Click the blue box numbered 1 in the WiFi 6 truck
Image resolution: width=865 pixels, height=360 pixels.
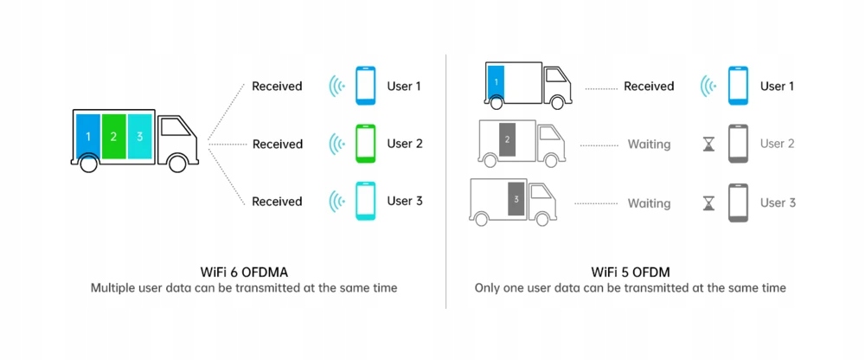click(87, 136)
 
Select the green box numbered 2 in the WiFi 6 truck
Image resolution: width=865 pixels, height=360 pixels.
click(113, 136)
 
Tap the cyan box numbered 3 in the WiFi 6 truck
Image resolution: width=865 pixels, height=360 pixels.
click(139, 136)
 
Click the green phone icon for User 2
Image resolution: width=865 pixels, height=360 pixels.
click(366, 144)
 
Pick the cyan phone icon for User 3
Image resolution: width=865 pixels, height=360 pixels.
click(366, 201)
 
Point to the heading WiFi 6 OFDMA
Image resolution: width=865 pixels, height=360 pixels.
click(244, 270)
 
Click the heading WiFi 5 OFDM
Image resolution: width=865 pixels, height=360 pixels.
click(630, 270)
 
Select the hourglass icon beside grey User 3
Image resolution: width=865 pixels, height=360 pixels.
click(709, 202)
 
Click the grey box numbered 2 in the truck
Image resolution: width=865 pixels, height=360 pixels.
click(508, 138)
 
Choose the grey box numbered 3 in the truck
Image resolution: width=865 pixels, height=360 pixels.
click(516, 198)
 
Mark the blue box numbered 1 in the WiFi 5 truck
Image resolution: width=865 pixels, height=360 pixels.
click(496, 81)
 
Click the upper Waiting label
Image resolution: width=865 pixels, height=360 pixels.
click(649, 145)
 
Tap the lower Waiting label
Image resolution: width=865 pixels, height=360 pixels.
click(649, 203)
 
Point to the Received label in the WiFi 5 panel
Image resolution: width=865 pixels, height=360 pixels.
click(648, 87)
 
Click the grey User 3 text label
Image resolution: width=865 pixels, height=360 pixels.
click(777, 202)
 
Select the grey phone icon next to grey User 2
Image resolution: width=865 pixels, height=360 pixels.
click(738, 144)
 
